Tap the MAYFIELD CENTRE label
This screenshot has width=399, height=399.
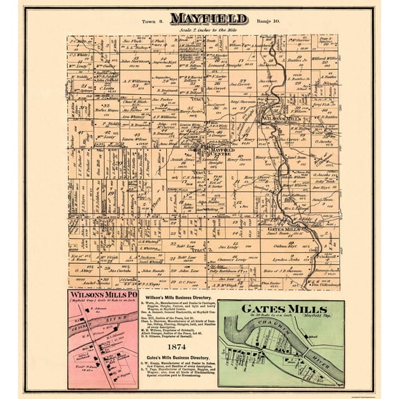tap(222, 150)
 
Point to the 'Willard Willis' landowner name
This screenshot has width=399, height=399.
tap(326, 60)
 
